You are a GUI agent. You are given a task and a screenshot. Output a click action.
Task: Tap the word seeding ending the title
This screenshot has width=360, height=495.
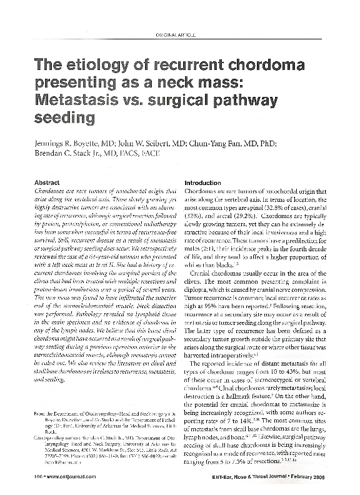pyautogui.click(x=66, y=117)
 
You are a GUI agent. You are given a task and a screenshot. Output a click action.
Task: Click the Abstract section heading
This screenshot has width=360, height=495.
pyautogui.click(x=51, y=182)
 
